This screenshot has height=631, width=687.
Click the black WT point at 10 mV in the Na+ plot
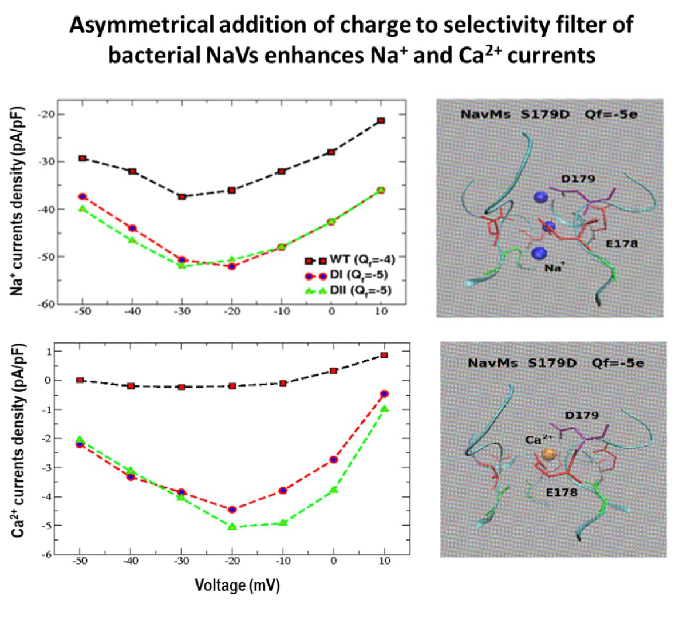[381, 121]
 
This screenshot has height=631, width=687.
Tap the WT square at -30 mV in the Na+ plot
[182, 197]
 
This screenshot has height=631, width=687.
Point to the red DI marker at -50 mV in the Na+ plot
[82, 196]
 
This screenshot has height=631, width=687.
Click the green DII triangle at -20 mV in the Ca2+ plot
[232, 526]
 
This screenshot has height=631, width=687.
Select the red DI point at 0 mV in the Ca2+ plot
[334, 460]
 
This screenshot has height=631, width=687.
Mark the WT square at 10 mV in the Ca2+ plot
[384, 355]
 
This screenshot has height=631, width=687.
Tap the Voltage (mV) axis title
[237, 585]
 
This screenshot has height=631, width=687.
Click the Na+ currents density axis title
[18, 200]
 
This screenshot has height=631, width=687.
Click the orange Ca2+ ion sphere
[548, 455]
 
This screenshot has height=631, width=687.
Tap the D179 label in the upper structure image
[578, 179]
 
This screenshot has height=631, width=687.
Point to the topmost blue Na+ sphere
[540, 198]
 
